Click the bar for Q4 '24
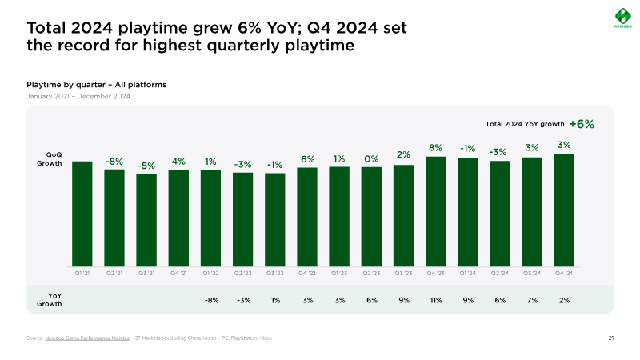click(x=564, y=210)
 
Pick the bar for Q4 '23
click(x=435, y=211)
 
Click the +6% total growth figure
click(x=582, y=124)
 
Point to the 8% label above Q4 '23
click(x=435, y=147)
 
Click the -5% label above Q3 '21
click(x=146, y=166)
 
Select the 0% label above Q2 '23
click(x=371, y=158)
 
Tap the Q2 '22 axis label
click(x=242, y=274)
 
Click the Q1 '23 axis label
click(x=339, y=274)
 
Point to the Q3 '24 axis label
click(x=532, y=274)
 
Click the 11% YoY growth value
click(x=435, y=300)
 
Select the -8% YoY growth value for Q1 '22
click(x=210, y=300)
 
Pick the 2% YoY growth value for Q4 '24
click(x=564, y=300)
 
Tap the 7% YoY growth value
click(x=532, y=300)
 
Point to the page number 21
click(x=610, y=338)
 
